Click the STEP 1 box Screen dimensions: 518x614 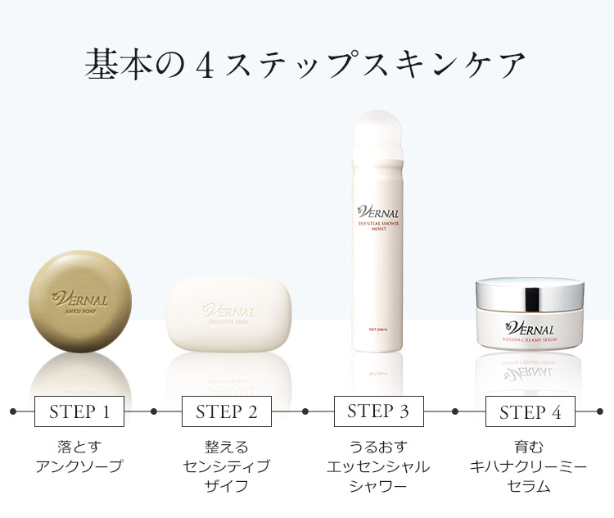(x=79, y=411)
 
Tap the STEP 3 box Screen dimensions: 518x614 (x=378, y=411)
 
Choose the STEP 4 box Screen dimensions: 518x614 (x=530, y=411)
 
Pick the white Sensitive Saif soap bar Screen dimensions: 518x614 (x=228, y=316)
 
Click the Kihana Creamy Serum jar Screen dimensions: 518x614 (x=530, y=316)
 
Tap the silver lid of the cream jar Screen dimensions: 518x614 (x=530, y=291)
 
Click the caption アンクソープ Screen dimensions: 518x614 (x=79, y=466)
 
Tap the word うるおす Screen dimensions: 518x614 (x=378, y=448)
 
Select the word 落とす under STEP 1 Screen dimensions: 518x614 (x=79, y=448)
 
